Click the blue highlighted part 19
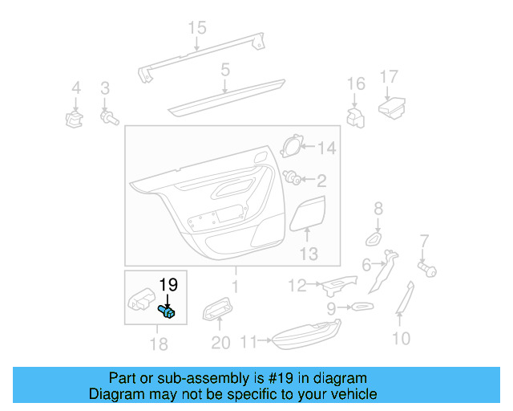pos(168,311)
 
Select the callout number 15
pos(197,28)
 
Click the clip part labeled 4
pos(75,119)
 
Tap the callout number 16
pos(356,84)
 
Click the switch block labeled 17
pos(391,107)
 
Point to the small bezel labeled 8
pos(374,238)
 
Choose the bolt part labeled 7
pos(427,269)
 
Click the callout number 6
pos(366,264)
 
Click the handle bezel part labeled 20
pos(216,308)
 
